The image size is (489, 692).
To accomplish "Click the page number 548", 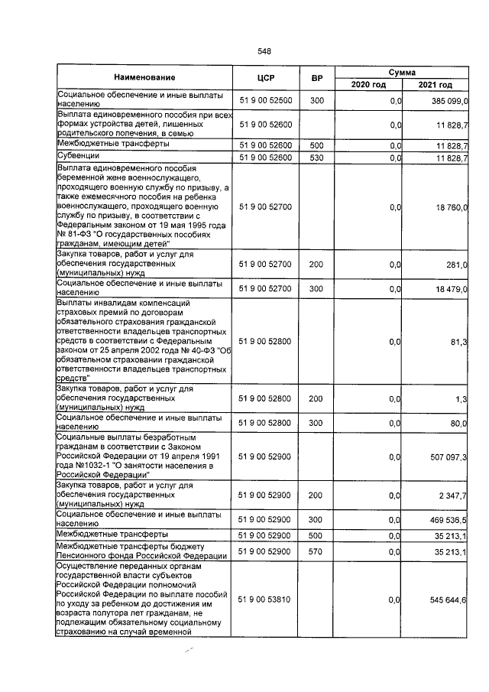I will click(265, 51).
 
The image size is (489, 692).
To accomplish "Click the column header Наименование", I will click(145, 78).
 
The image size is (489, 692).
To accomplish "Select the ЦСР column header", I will click(266, 78).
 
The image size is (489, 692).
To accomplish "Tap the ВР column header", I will click(316, 78).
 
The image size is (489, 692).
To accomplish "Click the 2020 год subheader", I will click(368, 85).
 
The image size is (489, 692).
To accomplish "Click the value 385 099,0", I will click(449, 101).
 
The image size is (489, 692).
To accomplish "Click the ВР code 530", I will click(316, 158).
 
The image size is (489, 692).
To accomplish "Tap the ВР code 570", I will click(316, 550).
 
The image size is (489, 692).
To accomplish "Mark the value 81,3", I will click(459, 341).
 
